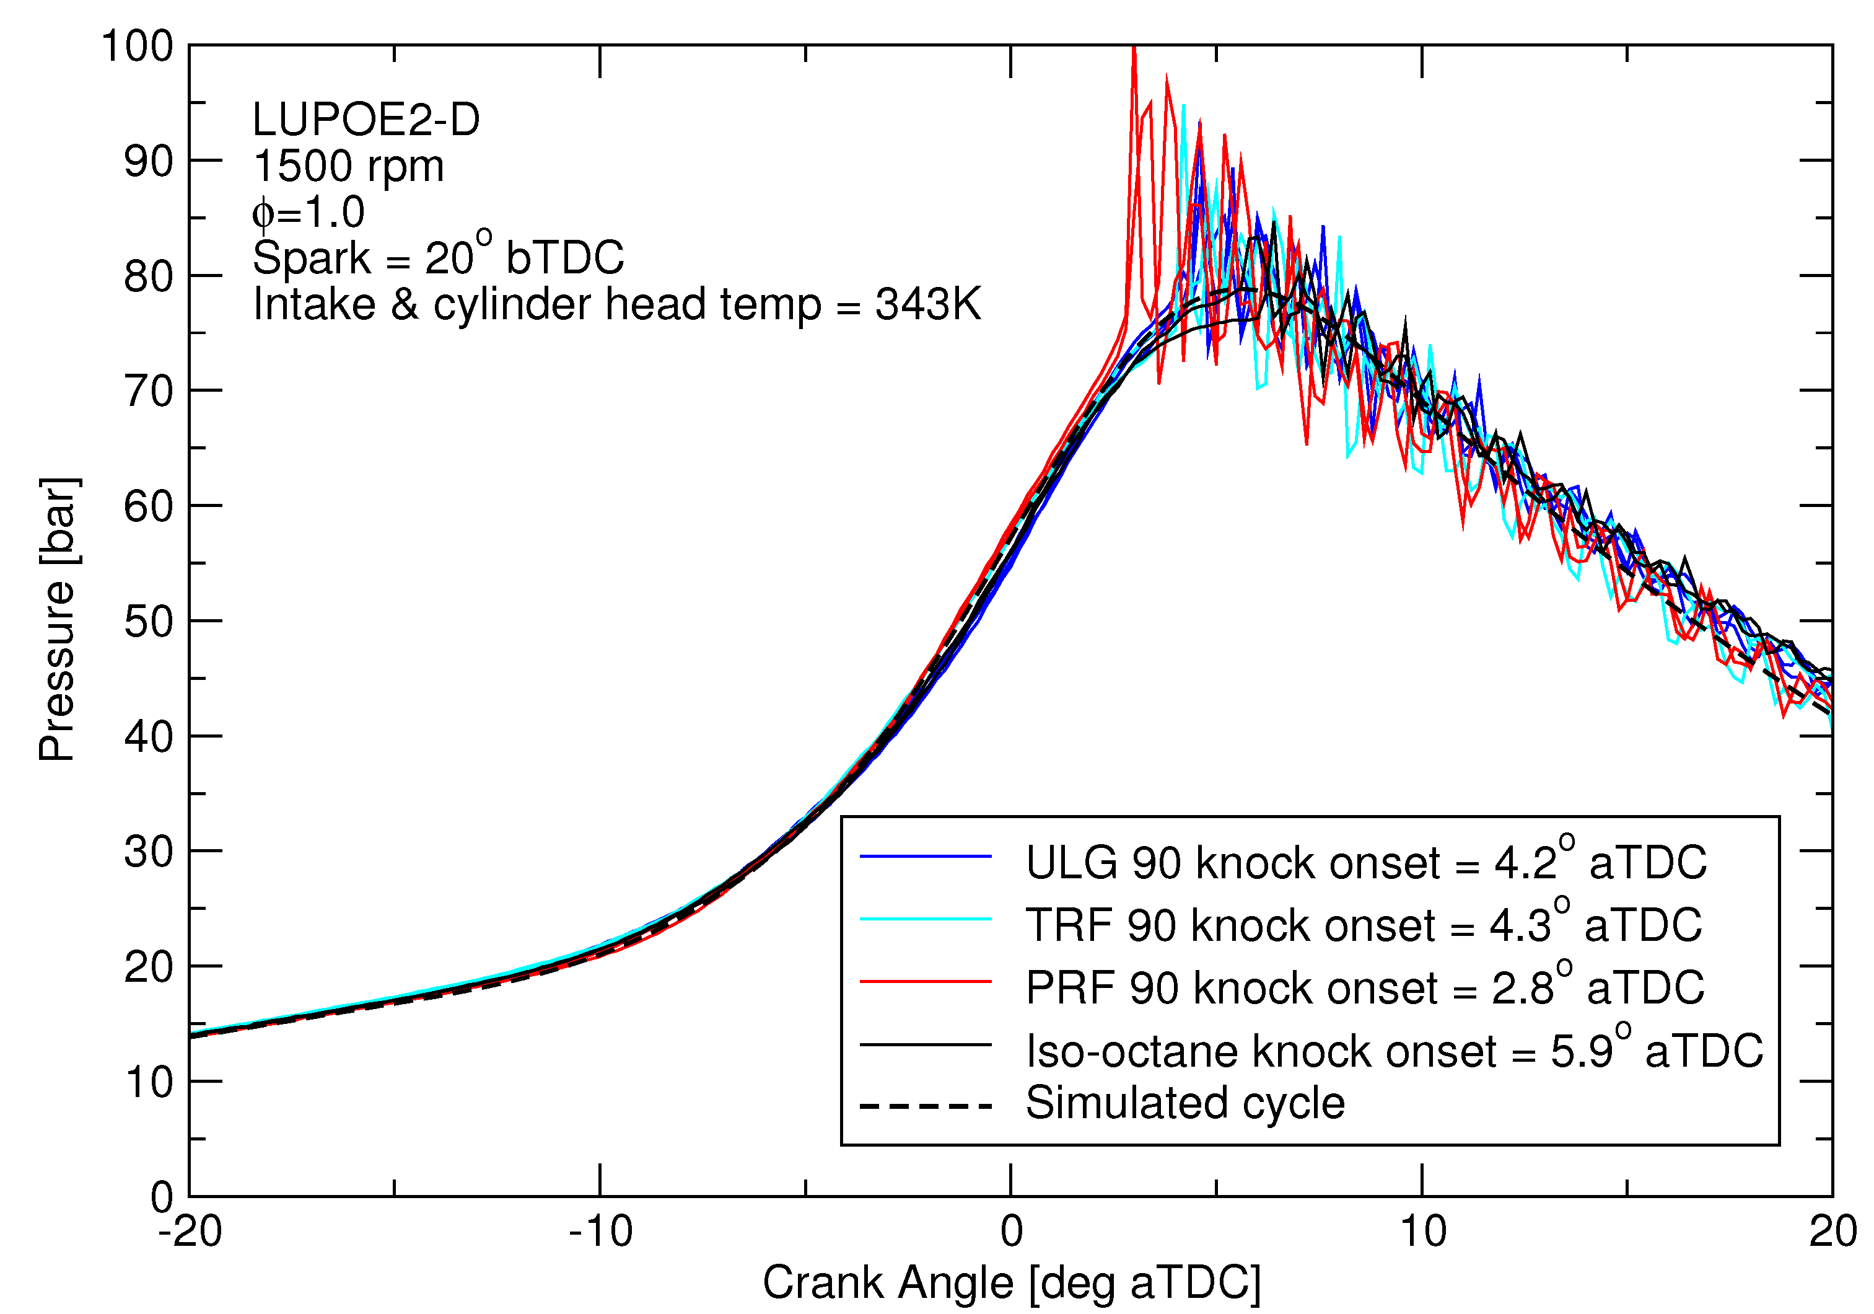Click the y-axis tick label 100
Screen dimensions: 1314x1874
(137, 46)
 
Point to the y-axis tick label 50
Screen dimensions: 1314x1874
(149, 622)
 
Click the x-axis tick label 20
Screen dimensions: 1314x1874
(1831, 1231)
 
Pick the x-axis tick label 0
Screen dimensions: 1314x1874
(1011, 1231)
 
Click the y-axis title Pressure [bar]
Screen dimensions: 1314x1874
(59, 620)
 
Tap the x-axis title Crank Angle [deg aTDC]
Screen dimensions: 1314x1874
(1011, 1283)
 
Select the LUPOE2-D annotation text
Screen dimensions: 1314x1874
(366, 120)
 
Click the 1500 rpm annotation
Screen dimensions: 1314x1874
(349, 167)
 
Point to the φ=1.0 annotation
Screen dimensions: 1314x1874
(309, 213)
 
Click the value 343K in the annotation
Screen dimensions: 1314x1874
(928, 304)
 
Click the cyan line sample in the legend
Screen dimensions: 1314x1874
(926, 920)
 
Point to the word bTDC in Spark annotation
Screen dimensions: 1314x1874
(565, 258)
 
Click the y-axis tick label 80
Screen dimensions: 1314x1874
(149, 277)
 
